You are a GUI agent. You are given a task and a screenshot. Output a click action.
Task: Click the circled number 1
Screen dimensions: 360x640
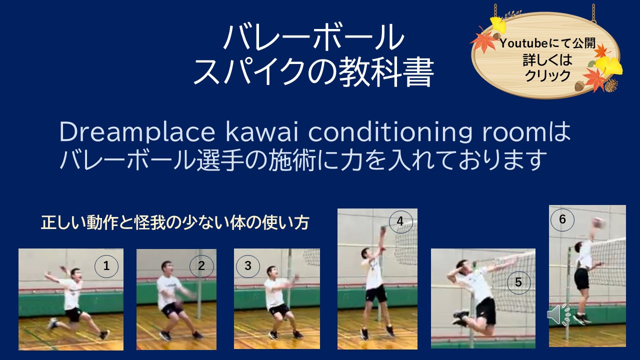106,266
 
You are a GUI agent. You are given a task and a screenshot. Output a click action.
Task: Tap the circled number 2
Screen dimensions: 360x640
201,266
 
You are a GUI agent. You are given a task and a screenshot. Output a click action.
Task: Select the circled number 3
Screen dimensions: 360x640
248,266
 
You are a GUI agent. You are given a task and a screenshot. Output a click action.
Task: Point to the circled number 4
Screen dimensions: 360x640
400,221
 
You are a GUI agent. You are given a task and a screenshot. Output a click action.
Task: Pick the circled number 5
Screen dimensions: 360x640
518,282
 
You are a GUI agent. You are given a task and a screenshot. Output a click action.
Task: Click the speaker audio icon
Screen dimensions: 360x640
558,314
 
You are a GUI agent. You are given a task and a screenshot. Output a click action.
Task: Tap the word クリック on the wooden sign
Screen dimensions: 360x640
547,75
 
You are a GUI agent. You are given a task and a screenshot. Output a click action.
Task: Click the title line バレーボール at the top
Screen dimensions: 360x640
313,38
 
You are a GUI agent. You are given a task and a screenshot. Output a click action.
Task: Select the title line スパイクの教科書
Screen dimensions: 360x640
313,73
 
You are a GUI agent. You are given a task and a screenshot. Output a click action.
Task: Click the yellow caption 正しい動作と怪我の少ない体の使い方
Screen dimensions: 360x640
174,223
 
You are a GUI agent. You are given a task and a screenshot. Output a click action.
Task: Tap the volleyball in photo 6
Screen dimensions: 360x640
599,222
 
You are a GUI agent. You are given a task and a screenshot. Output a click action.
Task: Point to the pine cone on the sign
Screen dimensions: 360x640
610,85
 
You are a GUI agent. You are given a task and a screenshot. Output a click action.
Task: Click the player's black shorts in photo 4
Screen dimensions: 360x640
376,293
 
